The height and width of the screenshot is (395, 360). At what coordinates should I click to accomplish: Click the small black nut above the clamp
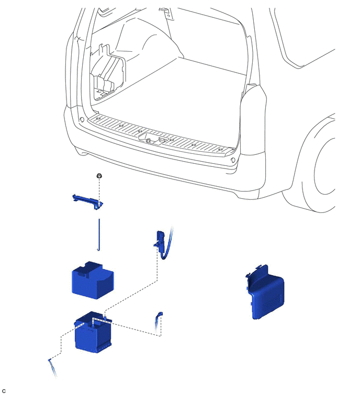pos(99,176)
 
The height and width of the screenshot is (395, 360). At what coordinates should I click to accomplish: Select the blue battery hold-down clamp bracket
pos(88,201)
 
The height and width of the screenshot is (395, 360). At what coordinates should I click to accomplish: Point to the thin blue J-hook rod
pos(99,235)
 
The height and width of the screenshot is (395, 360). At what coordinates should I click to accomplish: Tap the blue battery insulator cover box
pos(93,280)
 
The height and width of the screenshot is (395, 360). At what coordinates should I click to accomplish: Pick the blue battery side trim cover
pos(265,292)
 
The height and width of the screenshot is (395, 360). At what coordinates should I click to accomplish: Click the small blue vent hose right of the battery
pos(159,324)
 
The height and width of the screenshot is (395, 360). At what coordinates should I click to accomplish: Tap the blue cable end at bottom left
pos(52,368)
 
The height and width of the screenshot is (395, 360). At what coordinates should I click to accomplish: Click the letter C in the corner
pos(4,391)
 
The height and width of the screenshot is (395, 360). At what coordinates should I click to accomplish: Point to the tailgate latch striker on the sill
pos(151,140)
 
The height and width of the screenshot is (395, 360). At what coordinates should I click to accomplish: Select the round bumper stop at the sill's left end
pos(82,119)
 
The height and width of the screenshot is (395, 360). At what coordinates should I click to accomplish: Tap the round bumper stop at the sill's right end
pos(233,160)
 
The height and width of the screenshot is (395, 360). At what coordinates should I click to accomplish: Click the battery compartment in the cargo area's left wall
pos(107,73)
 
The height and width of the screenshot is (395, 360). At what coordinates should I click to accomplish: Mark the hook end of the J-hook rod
pos(99,250)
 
